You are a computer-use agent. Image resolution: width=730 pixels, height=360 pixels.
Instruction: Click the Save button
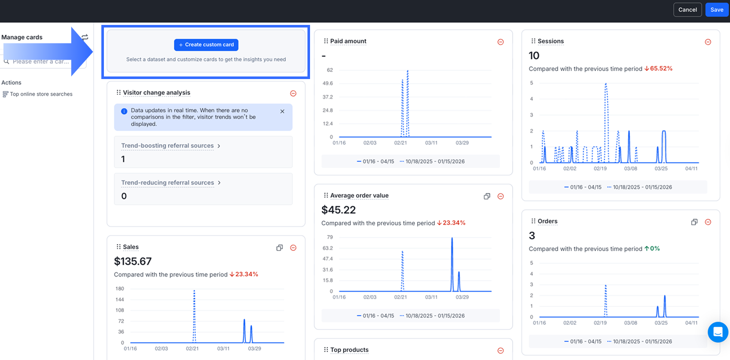click(x=717, y=10)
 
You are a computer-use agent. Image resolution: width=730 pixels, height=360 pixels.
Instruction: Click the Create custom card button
click(x=206, y=45)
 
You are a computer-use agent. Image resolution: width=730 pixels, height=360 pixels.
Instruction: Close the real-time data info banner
click(x=282, y=111)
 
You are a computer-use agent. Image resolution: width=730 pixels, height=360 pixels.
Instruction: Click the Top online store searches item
click(x=41, y=94)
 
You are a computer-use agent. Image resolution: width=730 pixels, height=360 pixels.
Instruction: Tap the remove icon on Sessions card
click(x=708, y=42)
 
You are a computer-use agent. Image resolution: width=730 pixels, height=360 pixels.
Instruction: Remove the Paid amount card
click(x=500, y=42)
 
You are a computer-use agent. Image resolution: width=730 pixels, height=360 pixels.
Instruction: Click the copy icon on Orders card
click(x=694, y=222)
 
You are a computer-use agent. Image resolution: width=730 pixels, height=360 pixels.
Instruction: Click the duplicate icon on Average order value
click(x=487, y=196)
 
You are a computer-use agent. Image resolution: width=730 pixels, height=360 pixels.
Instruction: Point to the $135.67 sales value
click(x=133, y=261)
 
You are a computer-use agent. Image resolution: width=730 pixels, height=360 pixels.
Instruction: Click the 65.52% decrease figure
click(x=660, y=69)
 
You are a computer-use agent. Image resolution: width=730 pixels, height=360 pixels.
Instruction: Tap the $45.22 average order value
click(x=338, y=210)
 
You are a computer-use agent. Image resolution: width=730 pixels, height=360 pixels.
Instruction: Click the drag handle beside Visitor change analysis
click(x=119, y=92)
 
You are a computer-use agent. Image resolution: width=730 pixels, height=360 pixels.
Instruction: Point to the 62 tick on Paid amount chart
click(x=330, y=70)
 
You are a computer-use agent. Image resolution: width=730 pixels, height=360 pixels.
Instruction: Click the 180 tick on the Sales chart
click(x=120, y=289)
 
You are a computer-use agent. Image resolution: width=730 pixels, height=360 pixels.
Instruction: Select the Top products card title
click(x=349, y=350)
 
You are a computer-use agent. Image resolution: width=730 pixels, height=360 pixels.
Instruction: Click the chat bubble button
click(x=718, y=332)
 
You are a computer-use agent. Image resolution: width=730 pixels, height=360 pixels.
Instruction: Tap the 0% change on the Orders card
click(x=654, y=249)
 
